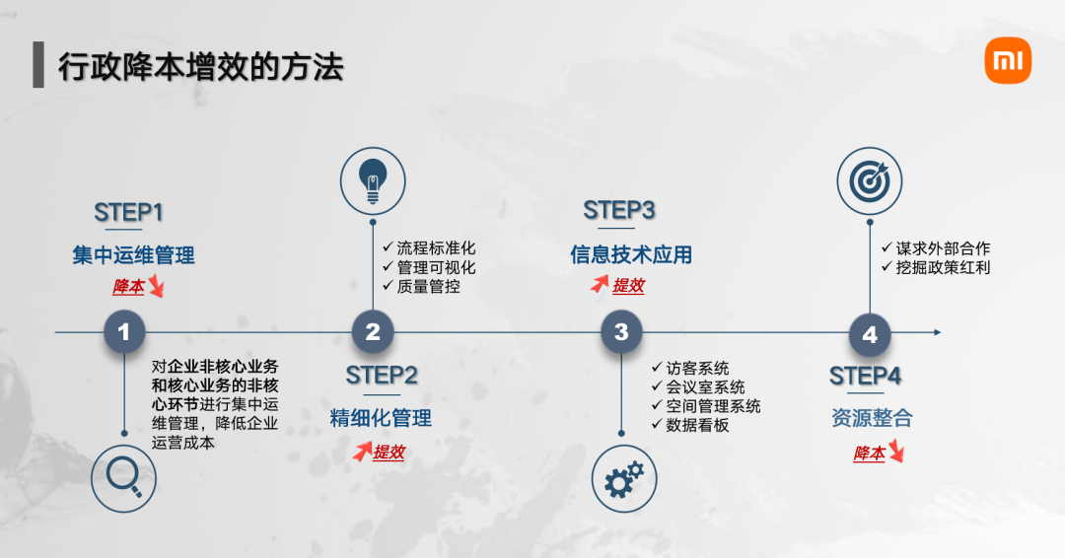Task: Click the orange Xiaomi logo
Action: click(1007, 63)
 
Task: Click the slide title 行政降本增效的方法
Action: click(200, 66)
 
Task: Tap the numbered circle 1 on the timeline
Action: click(124, 333)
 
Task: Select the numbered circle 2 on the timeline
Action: click(373, 333)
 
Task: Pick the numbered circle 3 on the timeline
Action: click(621, 333)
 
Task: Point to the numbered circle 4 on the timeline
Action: click(869, 334)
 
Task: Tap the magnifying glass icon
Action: click(124, 478)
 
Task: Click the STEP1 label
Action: click(128, 212)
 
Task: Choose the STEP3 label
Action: click(619, 210)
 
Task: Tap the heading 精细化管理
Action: click(381, 418)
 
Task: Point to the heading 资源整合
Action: click(872, 418)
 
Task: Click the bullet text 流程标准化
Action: click(436, 247)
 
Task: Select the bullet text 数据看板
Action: click(697, 425)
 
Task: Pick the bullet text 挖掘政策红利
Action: click(943, 267)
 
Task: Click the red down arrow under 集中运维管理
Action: click(156, 288)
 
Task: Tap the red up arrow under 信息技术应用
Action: click(599, 285)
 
